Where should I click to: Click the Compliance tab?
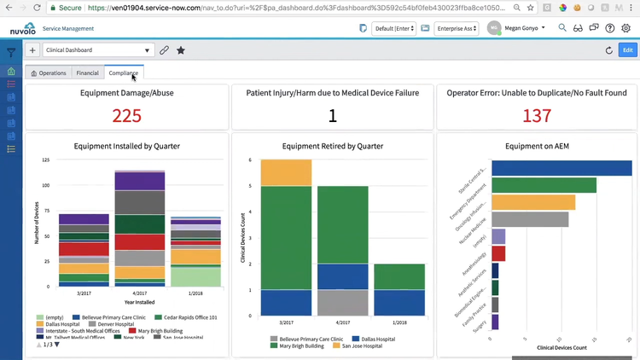pyautogui.click(x=124, y=73)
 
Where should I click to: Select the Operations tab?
pyautogui.click(x=49, y=73)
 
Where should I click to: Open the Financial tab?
pyautogui.click(x=87, y=73)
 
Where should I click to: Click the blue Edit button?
pyautogui.click(x=628, y=50)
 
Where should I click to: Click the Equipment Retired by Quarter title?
pyautogui.click(x=333, y=146)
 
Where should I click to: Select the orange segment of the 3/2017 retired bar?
pyautogui.click(x=286, y=172)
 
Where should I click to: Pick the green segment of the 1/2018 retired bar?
pyautogui.click(x=399, y=276)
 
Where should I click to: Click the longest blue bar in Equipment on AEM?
pyautogui.click(x=561, y=168)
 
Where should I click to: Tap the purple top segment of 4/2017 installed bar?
pyautogui.click(x=140, y=180)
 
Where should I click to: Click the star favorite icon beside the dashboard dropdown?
pyautogui.click(x=181, y=50)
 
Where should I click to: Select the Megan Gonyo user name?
pyautogui.click(x=522, y=28)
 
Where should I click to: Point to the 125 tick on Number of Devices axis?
pyautogui.click(x=44, y=160)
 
